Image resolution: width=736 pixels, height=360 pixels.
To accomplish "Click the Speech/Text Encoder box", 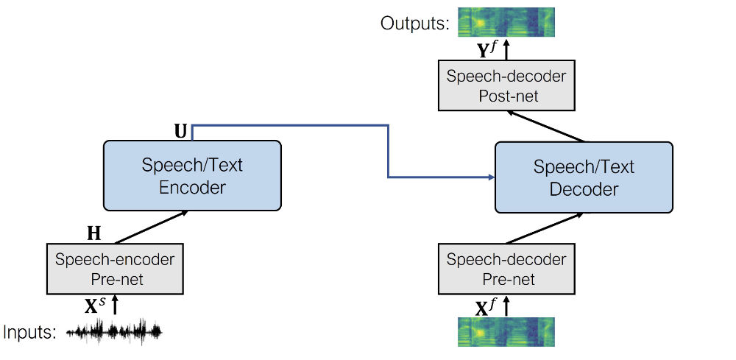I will (193, 175).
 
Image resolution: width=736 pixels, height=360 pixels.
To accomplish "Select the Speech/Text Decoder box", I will (584, 177).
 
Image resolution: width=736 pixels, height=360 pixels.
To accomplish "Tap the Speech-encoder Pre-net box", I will (115, 269).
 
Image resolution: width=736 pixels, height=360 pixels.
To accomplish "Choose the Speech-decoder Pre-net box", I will (506, 269).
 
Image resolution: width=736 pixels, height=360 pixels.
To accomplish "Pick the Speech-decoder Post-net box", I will (506, 86).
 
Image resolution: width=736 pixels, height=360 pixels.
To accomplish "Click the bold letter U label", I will (180, 131).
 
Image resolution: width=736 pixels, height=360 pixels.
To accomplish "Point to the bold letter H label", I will (93, 234).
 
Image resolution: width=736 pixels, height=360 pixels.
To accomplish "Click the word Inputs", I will (29, 332).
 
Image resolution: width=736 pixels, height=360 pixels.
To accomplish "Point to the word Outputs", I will (414, 24).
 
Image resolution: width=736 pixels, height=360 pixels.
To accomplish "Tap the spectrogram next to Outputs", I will (506, 22).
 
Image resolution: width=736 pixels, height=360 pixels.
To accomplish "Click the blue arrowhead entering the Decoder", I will (490, 177).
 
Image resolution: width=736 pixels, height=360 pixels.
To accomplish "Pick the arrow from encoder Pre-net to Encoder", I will (151, 227).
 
